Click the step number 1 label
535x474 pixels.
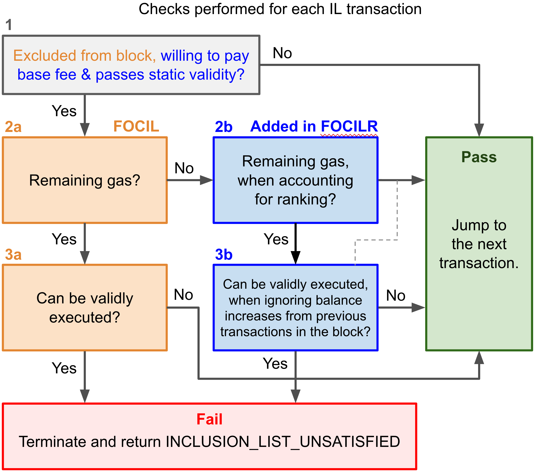pyautogui.click(x=9, y=25)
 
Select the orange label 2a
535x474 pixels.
pyautogui.click(x=13, y=127)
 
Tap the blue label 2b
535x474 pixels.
pyautogui.click(x=224, y=127)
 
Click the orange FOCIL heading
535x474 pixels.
pyautogui.click(x=136, y=126)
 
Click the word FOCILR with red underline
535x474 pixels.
pyautogui.click(x=349, y=126)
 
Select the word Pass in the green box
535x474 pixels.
pyautogui.click(x=479, y=157)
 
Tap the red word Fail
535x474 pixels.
pyautogui.click(x=209, y=419)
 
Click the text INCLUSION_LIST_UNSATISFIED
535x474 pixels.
pyautogui.click(x=283, y=441)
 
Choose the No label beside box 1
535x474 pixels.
pyautogui.click(x=282, y=53)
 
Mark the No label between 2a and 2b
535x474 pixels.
pyautogui.click(x=184, y=168)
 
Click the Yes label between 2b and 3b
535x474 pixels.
pyautogui.click(x=276, y=239)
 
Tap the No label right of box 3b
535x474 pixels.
pyautogui.click(x=396, y=295)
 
